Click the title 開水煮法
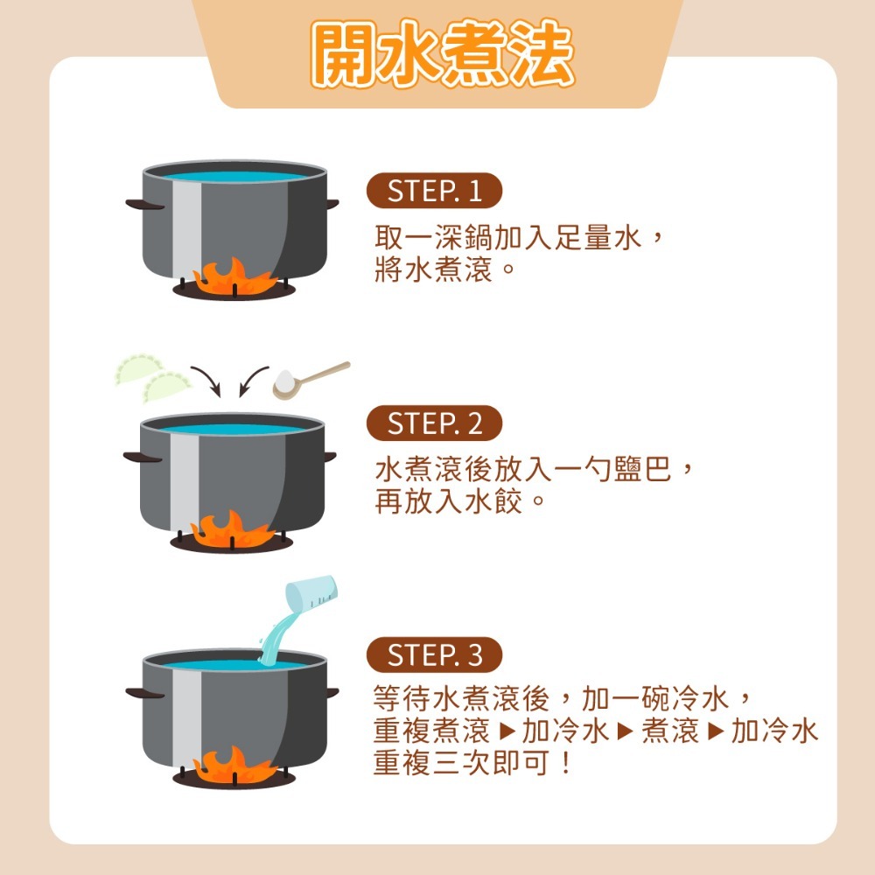pyautogui.click(x=443, y=53)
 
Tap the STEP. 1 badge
pyautogui.click(x=434, y=191)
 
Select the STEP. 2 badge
pyautogui.click(x=434, y=423)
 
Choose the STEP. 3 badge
pyautogui.click(x=434, y=654)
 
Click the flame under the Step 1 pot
pyautogui.click(x=234, y=277)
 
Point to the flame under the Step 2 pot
pyautogui.click(x=232, y=530)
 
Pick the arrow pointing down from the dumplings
pyautogui.click(x=207, y=381)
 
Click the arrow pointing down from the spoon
pyautogui.click(x=252, y=381)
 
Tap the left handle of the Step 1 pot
pyautogui.click(x=144, y=205)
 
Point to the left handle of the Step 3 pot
pyautogui.click(x=144, y=694)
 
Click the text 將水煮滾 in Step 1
pyautogui.click(x=434, y=269)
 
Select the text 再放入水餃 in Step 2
pyautogui.click(x=449, y=501)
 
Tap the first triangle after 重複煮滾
pyautogui.click(x=507, y=731)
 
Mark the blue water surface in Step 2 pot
pyautogui.click(x=232, y=430)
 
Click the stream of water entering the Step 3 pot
pyautogui.click(x=276, y=636)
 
